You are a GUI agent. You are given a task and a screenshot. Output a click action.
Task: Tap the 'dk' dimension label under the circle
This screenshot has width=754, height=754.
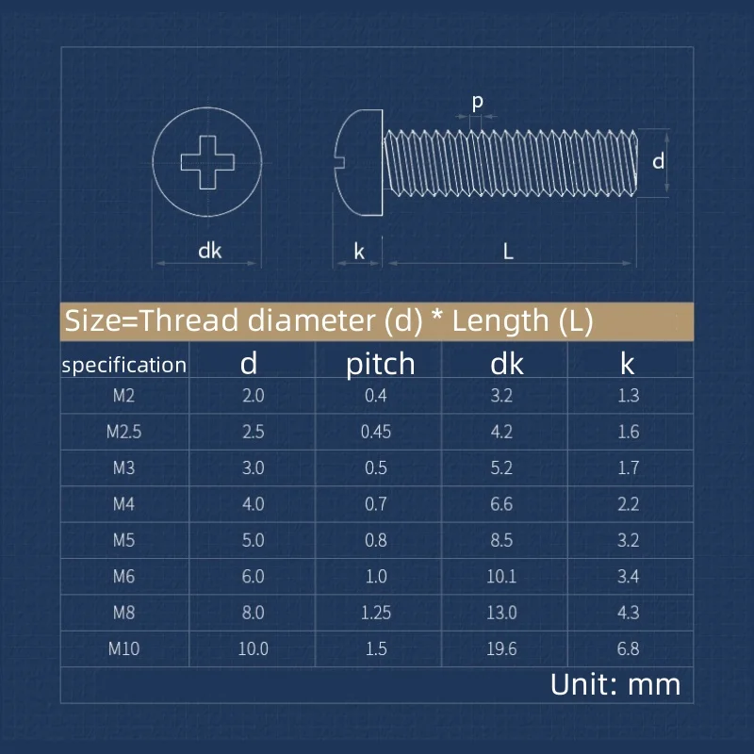pos(209,251)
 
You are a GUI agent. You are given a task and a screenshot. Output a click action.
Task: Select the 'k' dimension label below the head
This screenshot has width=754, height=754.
pos(358,251)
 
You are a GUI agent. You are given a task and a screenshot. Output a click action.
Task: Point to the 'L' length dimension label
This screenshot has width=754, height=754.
pos(508,251)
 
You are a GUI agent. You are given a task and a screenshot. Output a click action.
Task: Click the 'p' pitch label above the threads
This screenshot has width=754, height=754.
pos(477,100)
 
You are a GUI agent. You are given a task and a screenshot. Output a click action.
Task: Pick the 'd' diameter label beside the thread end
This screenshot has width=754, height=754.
pos(659,161)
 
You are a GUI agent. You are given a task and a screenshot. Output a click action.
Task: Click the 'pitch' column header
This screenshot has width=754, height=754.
pos(380,365)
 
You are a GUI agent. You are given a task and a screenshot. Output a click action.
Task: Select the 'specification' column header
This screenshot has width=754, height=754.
pos(123,366)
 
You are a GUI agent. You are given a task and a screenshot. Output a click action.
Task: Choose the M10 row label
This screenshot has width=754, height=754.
pos(123,648)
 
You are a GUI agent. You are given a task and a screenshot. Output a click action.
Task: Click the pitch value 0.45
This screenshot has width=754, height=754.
pos(376,432)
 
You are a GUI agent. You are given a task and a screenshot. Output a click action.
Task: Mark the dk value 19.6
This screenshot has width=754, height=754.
pos(501,648)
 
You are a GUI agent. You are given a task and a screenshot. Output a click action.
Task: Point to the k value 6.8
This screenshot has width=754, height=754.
pos(629,648)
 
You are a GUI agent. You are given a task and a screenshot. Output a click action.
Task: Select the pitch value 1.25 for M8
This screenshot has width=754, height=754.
pos(376,613)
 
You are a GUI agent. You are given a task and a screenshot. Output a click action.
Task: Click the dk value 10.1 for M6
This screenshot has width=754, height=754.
pos(501,577)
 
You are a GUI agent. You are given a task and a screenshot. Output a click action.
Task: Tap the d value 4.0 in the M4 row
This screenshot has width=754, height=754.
pos(254,504)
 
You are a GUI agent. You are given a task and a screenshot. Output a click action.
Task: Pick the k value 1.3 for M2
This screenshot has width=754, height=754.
pos(629,396)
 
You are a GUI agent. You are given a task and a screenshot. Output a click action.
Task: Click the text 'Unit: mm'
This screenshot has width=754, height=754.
pos(615,684)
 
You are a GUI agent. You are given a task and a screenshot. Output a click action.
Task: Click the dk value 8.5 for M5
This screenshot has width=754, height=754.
pos(501,540)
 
